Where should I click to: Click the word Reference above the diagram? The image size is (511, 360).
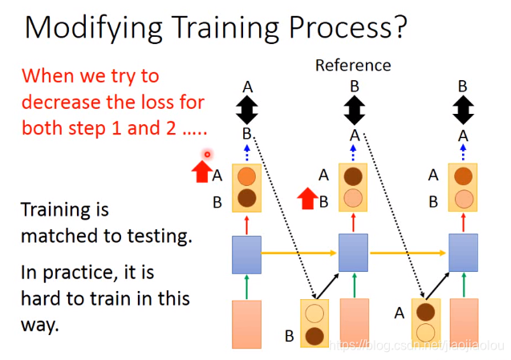353,65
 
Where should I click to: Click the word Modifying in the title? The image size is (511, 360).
93,29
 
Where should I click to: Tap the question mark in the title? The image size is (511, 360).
400,26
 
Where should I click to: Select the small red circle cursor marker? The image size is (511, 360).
207,154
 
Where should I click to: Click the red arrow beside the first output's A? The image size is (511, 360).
202,172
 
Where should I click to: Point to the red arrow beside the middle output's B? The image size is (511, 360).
308,198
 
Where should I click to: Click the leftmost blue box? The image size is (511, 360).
247,255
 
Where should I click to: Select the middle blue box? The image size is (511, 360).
353,253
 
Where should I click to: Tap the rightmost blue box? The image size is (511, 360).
464,253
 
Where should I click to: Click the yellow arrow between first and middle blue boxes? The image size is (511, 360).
299,253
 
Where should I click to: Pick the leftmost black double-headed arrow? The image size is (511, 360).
247,110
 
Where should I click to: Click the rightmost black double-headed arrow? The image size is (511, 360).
463,110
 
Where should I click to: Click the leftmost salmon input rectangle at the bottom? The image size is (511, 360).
247,324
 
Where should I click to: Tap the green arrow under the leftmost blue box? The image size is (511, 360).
247,287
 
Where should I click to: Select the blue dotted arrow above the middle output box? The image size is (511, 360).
353,153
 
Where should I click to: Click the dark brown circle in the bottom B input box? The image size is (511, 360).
314,336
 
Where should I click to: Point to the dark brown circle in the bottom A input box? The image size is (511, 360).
426,312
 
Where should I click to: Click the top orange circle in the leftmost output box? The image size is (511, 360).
247,176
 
